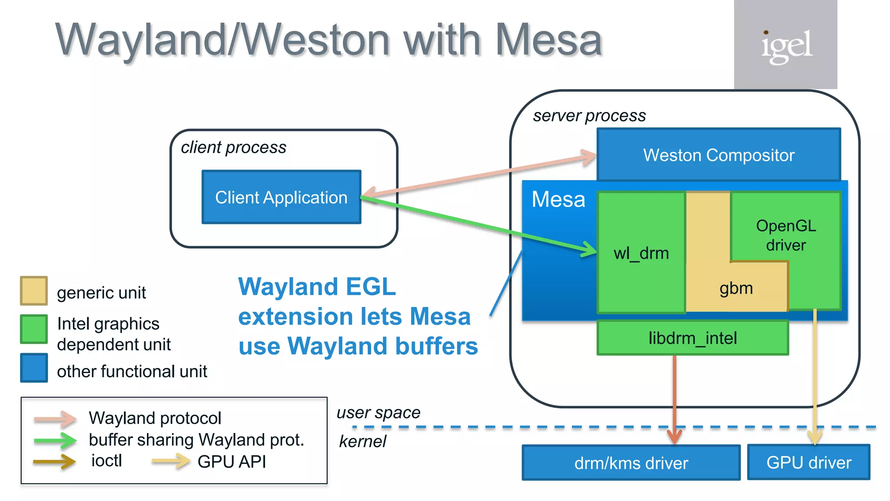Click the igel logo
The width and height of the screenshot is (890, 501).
786,45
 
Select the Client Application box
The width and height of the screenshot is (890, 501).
281,197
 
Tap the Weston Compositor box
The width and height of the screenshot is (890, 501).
718,155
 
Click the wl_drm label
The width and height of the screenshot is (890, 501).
641,253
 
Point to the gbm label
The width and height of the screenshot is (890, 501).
736,288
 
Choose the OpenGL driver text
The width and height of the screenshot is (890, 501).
786,235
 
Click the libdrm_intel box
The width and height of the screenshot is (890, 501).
692,338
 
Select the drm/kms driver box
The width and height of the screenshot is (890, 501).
631,463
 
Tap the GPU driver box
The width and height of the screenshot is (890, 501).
808,462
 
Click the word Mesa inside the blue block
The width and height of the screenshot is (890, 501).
558,200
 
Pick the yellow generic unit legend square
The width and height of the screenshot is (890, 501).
34,291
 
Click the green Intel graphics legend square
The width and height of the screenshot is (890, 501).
34,329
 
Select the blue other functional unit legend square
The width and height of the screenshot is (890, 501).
34,368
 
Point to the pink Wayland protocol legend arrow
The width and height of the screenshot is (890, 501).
56,419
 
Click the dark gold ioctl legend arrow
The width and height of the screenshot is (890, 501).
55,461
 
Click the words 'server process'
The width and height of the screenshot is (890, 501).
589,116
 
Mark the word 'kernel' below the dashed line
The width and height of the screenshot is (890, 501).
362,441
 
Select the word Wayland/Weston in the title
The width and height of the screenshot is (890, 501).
222,40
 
